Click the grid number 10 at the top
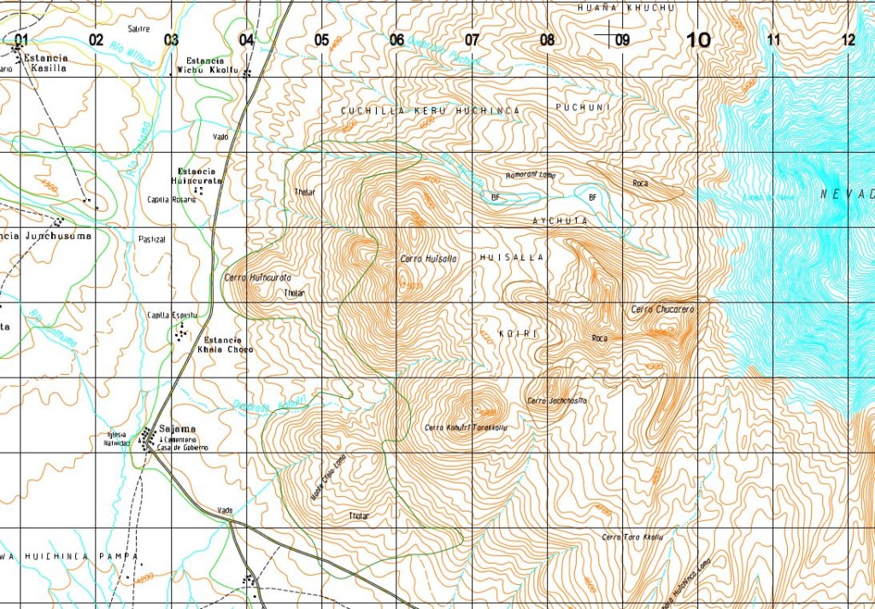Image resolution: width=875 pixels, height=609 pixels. click(698, 39)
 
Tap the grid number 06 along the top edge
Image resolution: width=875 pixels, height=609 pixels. click(396, 39)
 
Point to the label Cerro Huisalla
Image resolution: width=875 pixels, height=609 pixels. click(429, 258)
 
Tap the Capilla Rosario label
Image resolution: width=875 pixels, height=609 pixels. click(172, 200)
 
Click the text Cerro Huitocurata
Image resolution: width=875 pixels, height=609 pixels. click(257, 278)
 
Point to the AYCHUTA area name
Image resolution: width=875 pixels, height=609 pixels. click(561, 220)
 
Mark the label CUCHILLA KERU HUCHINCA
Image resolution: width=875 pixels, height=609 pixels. click(430, 111)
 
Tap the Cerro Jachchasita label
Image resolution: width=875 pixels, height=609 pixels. click(557, 401)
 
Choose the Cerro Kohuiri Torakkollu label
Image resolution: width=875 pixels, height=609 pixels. click(461, 427)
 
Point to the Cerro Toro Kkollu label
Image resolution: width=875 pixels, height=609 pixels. click(632, 536)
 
